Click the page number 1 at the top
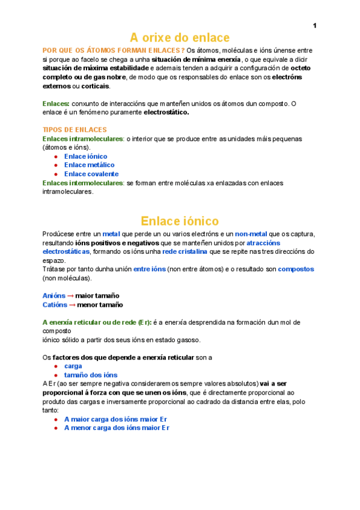pos(314,25)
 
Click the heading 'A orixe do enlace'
pos(180,37)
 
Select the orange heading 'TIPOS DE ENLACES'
pos(75,130)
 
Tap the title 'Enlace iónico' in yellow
pos(180,221)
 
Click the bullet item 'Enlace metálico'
pos(89,165)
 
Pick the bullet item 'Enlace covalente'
pos(91,174)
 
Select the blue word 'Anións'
pos(53,296)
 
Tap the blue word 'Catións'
pos(54,305)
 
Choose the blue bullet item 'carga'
pos(73,366)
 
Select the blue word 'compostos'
pos(296,269)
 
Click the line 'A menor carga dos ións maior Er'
pos(117,428)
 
